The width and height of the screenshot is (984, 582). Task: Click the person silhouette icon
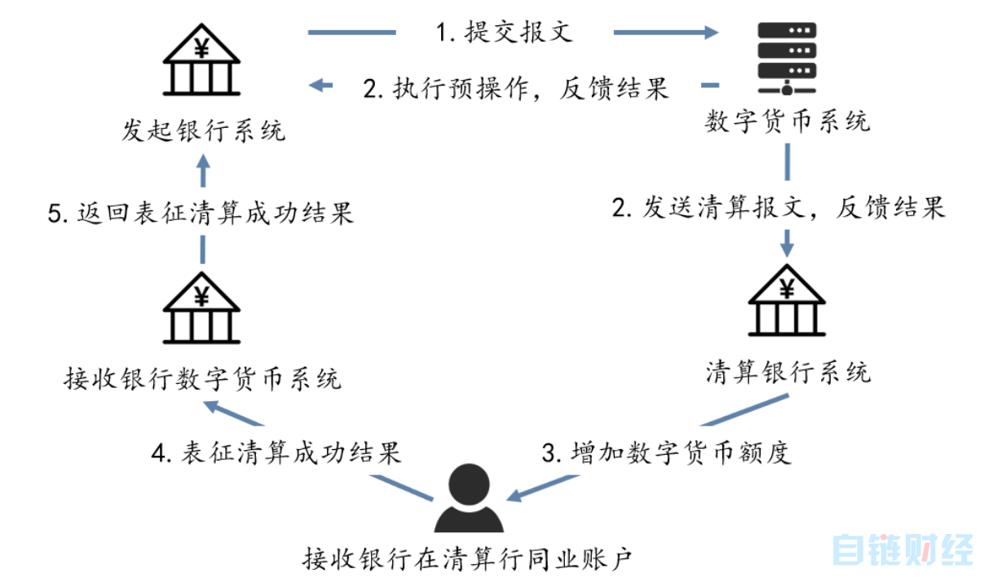click(x=469, y=498)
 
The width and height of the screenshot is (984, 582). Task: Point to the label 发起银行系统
click(x=204, y=130)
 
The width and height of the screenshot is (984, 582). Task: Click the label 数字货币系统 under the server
click(x=787, y=121)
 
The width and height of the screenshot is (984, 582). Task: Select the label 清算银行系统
click(x=788, y=372)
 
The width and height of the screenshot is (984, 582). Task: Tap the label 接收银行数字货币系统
click(x=202, y=379)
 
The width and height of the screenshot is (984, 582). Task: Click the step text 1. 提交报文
click(x=504, y=33)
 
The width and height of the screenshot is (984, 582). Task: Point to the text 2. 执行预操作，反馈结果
click(x=516, y=87)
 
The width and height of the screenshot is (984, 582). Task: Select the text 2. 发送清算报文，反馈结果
click(x=779, y=207)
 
